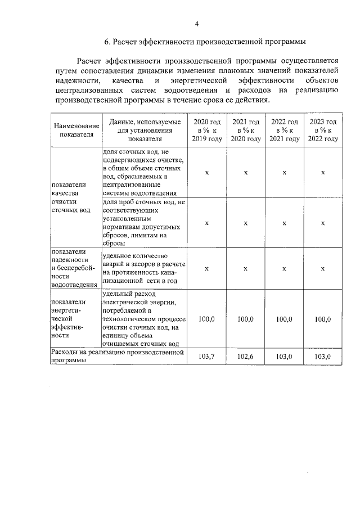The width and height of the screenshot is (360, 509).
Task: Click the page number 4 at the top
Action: (x=197, y=23)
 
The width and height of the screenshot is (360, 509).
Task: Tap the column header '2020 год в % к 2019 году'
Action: (x=207, y=130)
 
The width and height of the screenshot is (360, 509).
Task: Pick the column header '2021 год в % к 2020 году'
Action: (x=246, y=130)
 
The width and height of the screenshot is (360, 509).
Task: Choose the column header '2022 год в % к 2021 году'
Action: (x=285, y=130)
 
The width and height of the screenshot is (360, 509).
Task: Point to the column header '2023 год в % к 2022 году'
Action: (x=323, y=130)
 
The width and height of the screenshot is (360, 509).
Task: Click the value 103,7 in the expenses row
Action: (x=207, y=357)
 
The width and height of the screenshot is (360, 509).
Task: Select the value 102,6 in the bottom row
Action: (x=246, y=357)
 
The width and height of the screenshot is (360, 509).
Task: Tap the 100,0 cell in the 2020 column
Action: (x=207, y=319)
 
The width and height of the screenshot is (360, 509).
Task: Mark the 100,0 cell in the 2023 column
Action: (x=323, y=319)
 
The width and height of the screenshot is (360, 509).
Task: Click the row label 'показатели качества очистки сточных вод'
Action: (x=70, y=197)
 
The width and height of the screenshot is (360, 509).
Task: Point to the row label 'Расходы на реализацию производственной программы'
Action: (x=118, y=357)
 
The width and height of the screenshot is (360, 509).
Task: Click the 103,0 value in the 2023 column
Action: (x=323, y=357)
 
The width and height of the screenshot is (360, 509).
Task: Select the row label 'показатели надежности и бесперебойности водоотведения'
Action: (x=70, y=268)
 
